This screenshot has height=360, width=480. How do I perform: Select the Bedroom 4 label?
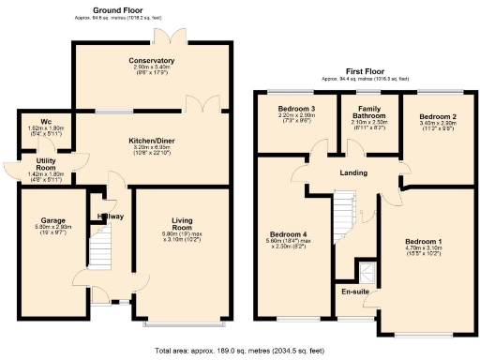coord(286,234)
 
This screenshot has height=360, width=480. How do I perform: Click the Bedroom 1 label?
coord(420,241)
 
